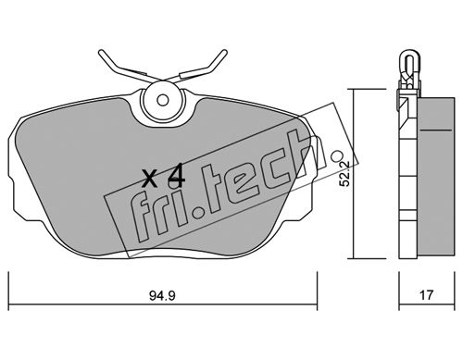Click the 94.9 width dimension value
point(162,296)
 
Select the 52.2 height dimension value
point(344,174)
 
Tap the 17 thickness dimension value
point(426,295)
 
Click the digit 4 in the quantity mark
point(176,176)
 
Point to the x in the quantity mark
point(150,179)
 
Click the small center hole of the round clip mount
point(162,100)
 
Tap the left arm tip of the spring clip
point(101,53)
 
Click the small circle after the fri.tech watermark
point(336,156)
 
